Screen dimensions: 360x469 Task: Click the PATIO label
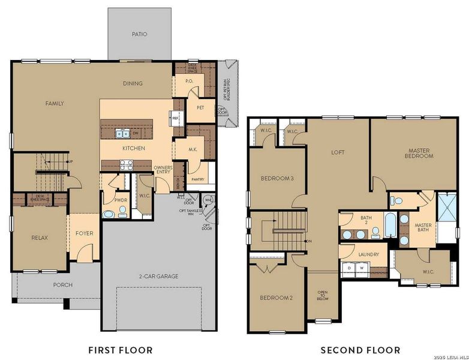[x=139, y=34]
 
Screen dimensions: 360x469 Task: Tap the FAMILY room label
[x=55, y=103]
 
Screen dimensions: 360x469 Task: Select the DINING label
[x=132, y=83]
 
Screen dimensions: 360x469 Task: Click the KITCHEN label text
[x=134, y=148]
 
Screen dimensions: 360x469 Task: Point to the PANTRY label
[x=198, y=179]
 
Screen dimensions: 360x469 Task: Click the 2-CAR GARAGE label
[x=159, y=277]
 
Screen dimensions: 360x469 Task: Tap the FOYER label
[x=84, y=233]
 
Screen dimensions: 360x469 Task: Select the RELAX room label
[x=40, y=238]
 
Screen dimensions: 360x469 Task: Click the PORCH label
[x=62, y=285]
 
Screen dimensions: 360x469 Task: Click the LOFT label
[x=338, y=152]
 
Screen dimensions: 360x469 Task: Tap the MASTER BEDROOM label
[x=420, y=153]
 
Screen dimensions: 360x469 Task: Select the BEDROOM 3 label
[x=276, y=179]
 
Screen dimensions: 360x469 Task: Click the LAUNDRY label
[x=369, y=254]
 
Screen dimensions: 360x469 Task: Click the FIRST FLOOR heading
[x=120, y=350]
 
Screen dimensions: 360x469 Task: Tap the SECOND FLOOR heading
[x=360, y=350]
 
